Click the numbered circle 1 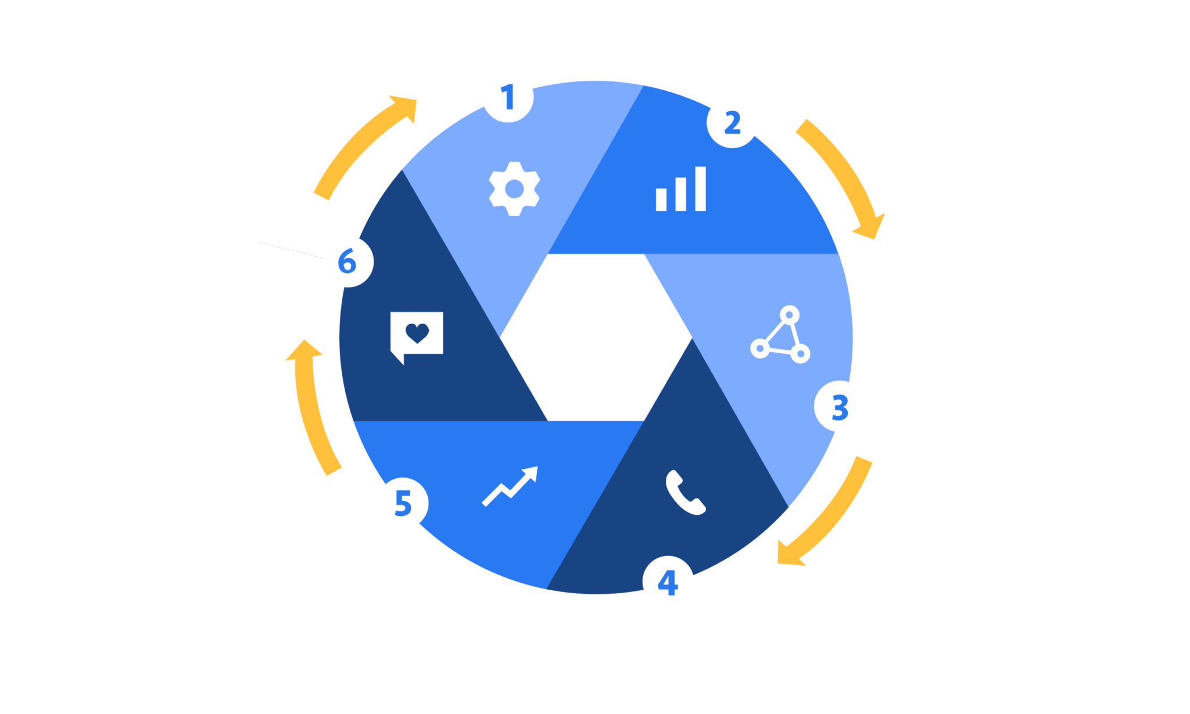click(x=507, y=96)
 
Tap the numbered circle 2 click(x=732, y=122)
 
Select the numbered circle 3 click(x=840, y=407)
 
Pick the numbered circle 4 click(x=668, y=582)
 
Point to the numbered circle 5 click(x=402, y=503)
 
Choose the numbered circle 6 click(x=347, y=261)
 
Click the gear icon click(x=514, y=189)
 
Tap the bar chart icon click(x=681, y=189)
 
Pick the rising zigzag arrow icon click(x=510, y=486)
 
